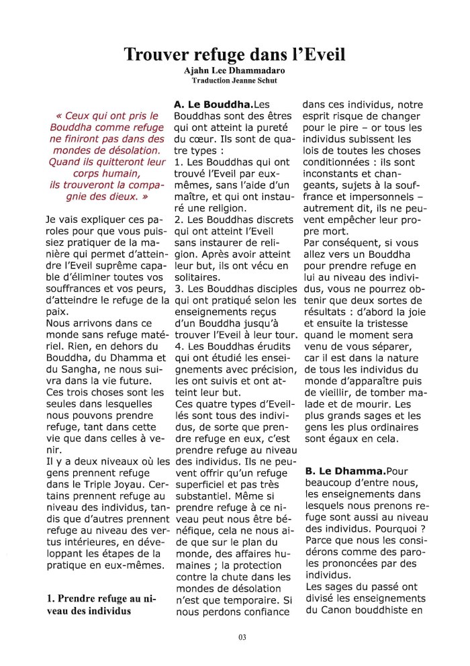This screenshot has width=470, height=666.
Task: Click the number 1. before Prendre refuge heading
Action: (50, 598)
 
